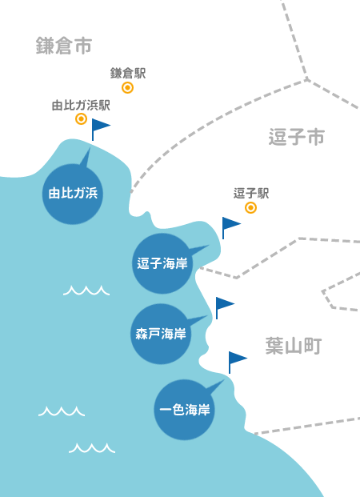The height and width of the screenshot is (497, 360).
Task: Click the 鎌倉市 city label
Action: coord(64,46)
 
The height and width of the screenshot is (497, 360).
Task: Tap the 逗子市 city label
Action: coord(297,137)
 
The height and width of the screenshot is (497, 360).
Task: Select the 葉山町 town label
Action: coord(294,346)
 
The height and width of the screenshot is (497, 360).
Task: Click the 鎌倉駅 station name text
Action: coord(128,73)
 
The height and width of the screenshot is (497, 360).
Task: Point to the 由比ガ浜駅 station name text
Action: coord(81,105)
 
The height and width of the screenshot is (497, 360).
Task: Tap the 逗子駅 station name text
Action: coord(251,194)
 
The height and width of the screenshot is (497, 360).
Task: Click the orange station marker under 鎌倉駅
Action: coord(127,87)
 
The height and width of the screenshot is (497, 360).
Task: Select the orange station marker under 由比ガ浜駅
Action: coord(81,119)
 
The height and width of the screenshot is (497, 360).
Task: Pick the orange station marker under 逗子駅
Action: coord(250,207)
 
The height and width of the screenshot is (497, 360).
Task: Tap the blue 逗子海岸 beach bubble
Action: coord(162,264)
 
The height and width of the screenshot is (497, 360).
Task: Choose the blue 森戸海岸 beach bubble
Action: coord(161,334)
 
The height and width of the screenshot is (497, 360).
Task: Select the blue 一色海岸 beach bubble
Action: coord(185,410)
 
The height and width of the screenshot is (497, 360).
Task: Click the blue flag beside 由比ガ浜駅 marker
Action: coord(101,130)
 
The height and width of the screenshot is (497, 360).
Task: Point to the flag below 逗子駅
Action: coord(231,228)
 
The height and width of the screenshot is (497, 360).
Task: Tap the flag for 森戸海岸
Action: coord(224,308)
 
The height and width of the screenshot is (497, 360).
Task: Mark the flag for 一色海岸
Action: coord(238,363)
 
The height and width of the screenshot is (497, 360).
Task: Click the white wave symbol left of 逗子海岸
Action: coord(86,291)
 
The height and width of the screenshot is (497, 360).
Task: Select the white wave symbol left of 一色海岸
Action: coord(62,411)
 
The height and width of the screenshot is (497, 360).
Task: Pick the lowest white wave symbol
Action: coord(92,448)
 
